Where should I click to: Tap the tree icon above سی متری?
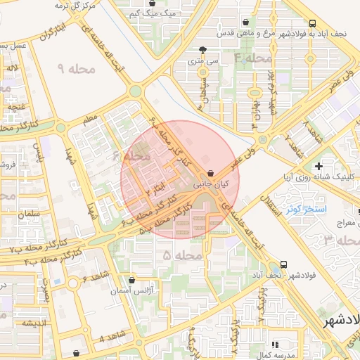pyautogui.click(x=203, y=50)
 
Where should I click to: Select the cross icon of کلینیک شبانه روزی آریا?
pyautogui.click(x=319, y=166)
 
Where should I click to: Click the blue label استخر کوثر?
pyautogui.click(x=304, y=210)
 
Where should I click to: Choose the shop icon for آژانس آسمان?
pyautogui.click(x=131, y=280)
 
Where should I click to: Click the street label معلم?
pyautogui.click(x=91, y=121)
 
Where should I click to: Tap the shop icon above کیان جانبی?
pyautogui.click(x=211, y=173)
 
